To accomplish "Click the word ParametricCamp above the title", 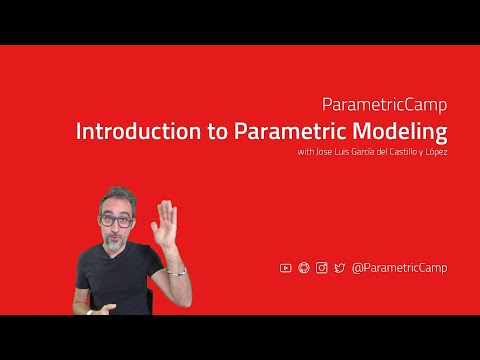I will [385, 104].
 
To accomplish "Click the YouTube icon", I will [286, 267].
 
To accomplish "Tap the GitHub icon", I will [304, 267].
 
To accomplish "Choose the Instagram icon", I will [321, 267].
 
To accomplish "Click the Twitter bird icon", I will [339, 267].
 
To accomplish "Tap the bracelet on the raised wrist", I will [176, 270].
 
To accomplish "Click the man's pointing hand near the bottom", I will [91, 309].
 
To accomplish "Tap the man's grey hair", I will [118, 194].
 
